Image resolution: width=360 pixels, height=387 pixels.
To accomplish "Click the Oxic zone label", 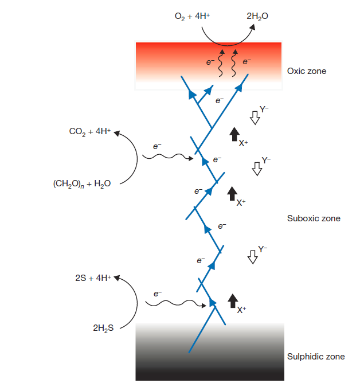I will pyautogui.click(x=306, y=72).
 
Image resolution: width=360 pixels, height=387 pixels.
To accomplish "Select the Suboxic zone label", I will pyautogui.click(x=313, y=218).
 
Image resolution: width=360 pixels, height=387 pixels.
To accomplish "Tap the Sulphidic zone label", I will pyautogui.click(x=316, y=357).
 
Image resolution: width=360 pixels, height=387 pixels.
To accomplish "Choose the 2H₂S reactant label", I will pyautogui.click(x=103, y=329).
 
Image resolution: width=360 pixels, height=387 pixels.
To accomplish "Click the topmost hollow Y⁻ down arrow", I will pyautogui.click(x=255, y=118).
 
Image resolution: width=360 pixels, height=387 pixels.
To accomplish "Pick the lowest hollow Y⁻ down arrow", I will pyautogui.click(x=252, y=256).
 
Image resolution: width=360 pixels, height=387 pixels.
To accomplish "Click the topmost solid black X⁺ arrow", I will pyautogui.click(x=233, y=135).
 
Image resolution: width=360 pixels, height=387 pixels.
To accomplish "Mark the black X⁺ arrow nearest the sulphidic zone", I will pyautogui.click(x=233, y=300).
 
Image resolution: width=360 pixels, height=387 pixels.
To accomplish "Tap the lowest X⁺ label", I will pyautogui.click(x=242, y=310).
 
